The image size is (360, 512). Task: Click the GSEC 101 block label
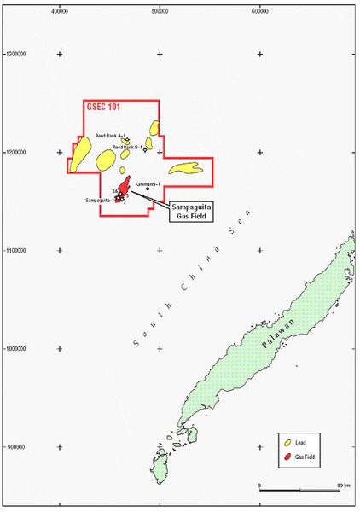coord(104,108)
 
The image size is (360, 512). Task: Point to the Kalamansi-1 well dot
coord(148,189)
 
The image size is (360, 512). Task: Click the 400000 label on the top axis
coord(60,12)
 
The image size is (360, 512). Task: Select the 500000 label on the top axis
coord(160,12)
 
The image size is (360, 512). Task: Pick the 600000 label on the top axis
coord(260,12)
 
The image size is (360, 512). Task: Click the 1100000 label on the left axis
coord(13,251)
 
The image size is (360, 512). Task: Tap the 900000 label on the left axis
coord(15,447)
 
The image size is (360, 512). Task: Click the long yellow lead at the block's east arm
coord(185,169)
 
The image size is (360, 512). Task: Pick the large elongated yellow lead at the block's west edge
coord(80,155)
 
